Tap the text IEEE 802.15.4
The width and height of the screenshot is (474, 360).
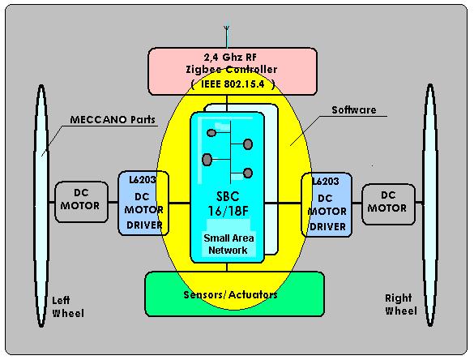point(233,84)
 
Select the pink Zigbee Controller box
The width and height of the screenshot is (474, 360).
point(233,71)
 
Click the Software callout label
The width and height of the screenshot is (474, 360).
point(354,109)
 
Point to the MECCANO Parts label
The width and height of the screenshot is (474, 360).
point(113,119)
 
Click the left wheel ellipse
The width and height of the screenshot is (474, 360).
point(41,206)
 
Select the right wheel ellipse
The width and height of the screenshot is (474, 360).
point(430,205)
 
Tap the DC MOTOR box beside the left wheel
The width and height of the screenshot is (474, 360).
point(81,202)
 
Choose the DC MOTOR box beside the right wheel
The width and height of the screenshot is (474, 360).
point(388,204)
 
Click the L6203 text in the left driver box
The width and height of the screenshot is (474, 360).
point(143,180)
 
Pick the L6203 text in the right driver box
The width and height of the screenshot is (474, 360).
point(326,181)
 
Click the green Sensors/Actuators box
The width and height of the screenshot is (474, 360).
point(235,294)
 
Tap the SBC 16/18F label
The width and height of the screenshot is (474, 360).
point(228,204)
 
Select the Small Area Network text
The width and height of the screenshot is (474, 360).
point(228,244)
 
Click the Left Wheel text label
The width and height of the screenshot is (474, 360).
point(68,306)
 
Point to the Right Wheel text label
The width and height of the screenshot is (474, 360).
point(401,305)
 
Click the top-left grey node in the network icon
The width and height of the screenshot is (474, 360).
point(211,132)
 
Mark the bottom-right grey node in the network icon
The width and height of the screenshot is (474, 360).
point(248,173)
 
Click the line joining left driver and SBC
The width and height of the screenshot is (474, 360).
point(179,203)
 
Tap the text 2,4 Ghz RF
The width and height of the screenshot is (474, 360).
point(230,58)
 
